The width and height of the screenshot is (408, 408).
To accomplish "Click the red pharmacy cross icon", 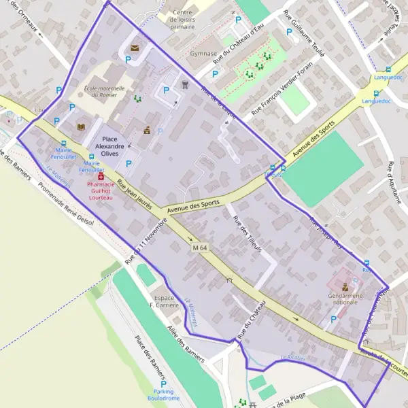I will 92,176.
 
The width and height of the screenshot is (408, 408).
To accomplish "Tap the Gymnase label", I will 203,53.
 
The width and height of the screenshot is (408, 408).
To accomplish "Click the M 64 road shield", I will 199,248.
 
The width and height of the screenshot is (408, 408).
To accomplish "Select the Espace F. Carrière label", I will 166,301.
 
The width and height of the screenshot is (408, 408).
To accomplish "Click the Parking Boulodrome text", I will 163,395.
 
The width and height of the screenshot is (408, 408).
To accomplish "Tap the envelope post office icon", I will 134,48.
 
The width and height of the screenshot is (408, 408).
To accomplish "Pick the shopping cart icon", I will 184,85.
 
